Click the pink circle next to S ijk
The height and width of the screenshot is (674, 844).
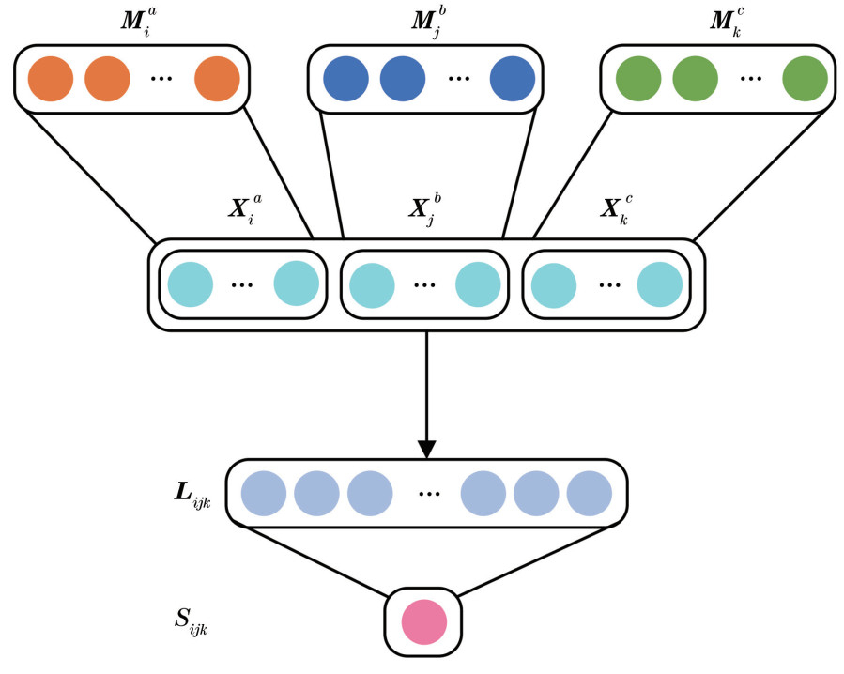[x=424, y=622]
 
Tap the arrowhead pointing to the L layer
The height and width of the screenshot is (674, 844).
[x=426, y=450]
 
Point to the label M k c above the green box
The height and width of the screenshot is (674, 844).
[x=725, y=23]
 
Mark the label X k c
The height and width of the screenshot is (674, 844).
[x=617, y=208]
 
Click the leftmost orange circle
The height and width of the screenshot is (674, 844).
[x=51, y=79]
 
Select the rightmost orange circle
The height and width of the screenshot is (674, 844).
[x=217, y=79]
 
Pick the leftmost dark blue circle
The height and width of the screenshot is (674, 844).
[x=345, y=79]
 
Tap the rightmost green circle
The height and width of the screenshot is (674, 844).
[x=806, y=79]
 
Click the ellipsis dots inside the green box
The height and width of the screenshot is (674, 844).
[x=751, y=79]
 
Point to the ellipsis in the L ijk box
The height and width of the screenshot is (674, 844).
[x=429, y=494]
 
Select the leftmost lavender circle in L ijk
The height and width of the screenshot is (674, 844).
[x=264, y=494]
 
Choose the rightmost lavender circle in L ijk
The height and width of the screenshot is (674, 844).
[x=589, y=494]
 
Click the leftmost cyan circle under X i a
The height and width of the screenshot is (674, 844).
[x=191, y=284]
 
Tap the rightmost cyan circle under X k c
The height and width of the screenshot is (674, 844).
[x=660, y=284]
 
